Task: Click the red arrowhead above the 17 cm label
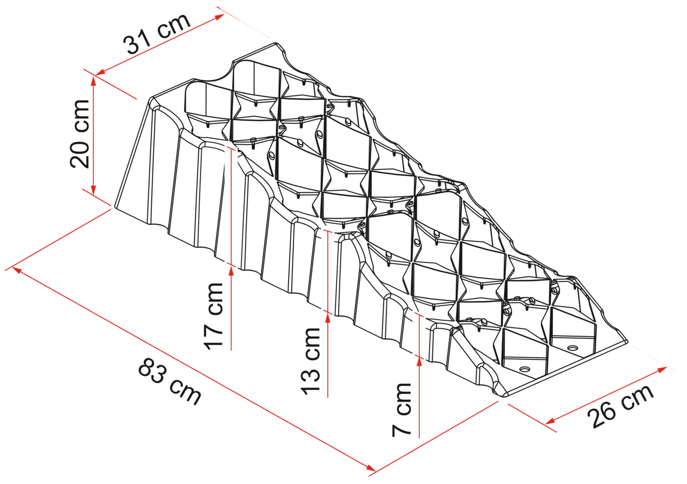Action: coord(231,272)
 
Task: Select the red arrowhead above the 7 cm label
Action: coord(419,363)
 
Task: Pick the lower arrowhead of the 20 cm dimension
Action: coord(94,190)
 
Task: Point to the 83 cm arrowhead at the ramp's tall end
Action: coord(16,270)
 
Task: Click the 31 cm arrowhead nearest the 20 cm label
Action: coord(100,73)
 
